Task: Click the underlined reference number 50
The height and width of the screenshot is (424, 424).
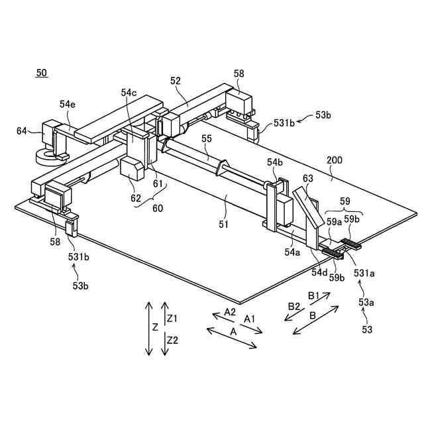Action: [41, 73]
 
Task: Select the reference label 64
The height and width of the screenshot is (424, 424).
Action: [22, 131]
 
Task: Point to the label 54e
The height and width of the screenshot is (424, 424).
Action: [68, 104]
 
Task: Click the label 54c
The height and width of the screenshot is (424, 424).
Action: [129, 93]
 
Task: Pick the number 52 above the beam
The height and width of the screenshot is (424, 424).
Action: [176, 81]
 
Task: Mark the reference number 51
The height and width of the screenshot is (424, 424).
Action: [223, 224]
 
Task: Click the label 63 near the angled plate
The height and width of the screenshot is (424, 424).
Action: [308, 178]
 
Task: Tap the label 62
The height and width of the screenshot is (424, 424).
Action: [136, 197]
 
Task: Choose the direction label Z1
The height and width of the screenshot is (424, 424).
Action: [172, 319]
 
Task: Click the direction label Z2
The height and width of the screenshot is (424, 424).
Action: [172, 341]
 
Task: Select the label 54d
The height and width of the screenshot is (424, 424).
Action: [320, 271]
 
